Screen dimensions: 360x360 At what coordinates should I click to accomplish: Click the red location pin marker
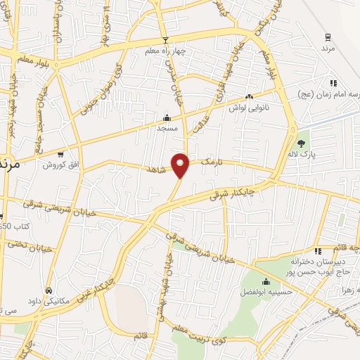click(x=181, y=165)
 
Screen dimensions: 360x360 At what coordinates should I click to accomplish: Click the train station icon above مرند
click(x=328, y=37)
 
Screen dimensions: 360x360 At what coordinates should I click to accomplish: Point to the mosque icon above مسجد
click(x=167, y=117)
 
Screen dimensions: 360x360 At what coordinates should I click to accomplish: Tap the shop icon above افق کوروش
click(x=60, y=154)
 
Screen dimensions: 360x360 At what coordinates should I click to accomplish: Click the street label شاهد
click(x=157, y=170)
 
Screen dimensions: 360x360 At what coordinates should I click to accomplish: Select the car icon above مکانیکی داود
click(x=48, y=290)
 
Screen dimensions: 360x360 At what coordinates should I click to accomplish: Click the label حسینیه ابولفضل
click(x=266, y=290)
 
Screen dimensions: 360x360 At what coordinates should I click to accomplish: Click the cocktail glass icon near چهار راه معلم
click(x=165, y=40)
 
